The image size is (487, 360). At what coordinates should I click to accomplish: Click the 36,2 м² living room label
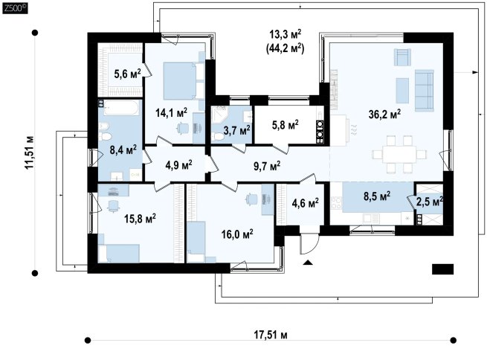point(384,114)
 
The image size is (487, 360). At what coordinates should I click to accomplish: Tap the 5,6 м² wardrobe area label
point(127,74)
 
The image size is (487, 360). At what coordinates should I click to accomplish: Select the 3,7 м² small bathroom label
point(237,130)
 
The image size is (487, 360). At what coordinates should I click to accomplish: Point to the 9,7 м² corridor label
point(267,166)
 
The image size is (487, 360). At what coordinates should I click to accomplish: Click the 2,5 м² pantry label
point(430,202)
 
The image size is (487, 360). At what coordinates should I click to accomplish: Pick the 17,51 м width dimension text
point(271,335)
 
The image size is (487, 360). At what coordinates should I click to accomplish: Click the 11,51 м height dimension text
point(30,152)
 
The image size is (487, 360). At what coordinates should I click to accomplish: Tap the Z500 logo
point(15,9)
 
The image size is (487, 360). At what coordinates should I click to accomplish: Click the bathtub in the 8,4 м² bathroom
point(121,107)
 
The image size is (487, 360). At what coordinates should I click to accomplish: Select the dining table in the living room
point(399,154)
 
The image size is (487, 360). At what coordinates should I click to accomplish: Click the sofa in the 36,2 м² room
point(425,91)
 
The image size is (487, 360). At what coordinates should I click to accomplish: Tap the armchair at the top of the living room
point(402,57)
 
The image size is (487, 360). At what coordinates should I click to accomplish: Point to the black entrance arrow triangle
point(308,263)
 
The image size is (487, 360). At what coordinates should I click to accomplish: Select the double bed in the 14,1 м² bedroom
point(184,81)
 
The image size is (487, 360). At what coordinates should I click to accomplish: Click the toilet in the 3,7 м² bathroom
point(219,138)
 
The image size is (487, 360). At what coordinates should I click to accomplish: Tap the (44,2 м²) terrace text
point(285,48)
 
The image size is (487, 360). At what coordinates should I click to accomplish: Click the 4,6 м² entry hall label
point(306,204)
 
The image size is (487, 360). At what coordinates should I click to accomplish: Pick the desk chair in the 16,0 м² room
point(251,199)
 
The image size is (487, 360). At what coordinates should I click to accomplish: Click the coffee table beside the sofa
point(402,91)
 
